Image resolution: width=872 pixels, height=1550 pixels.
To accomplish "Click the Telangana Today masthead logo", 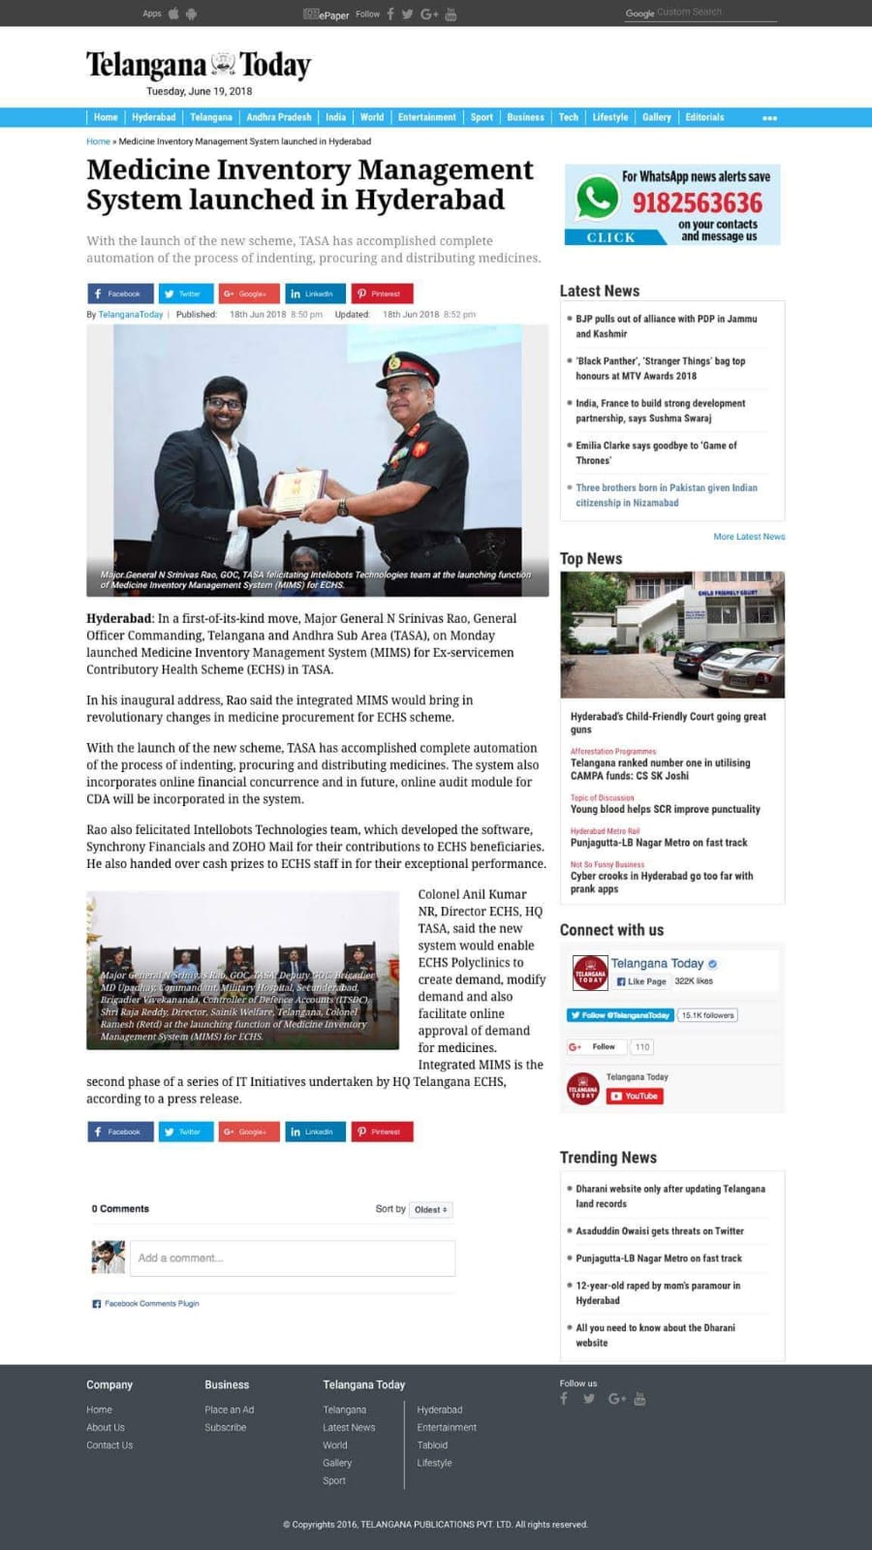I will (x=199, y=65).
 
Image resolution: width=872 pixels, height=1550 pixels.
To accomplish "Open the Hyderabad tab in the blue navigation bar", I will (x=153, y=117).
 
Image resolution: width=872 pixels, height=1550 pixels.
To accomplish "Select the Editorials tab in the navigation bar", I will (x=704, y=117).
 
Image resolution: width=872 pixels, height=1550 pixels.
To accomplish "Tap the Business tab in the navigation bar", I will (x=525, y=117).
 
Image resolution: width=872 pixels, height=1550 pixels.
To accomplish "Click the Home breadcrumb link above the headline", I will (x=98, y=141).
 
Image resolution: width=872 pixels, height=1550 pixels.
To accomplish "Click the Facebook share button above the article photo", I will (x=119, y=294).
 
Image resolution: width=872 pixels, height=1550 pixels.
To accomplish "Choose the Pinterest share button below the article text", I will (x=382, y=1131).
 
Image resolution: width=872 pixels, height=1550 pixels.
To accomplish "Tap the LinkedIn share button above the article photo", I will (x=314, y=294).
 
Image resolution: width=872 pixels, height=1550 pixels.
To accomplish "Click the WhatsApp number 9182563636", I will (x=697, y=203).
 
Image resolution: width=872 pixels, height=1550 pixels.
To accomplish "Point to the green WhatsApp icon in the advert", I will (x=597, y=199).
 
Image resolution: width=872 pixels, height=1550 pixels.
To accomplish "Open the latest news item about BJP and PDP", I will (x=666, y=325).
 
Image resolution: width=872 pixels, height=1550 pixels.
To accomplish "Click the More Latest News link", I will (x=749, y=537).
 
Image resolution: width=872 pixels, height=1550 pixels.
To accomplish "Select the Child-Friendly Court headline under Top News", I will (x=668, y=723).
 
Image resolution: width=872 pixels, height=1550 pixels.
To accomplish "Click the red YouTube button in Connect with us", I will (x=635, y=1097).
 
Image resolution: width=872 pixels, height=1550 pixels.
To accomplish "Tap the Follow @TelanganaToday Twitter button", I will (x=620, y=1015).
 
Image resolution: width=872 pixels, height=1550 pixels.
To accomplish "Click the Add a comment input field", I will (x=292, y=1257).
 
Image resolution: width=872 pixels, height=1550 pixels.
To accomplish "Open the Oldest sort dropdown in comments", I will (x=430, y=1210).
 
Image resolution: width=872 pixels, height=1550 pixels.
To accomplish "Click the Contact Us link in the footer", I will (x=109, y=1445).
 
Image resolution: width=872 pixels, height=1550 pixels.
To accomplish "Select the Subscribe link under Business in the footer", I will (x=225, y=1427).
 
